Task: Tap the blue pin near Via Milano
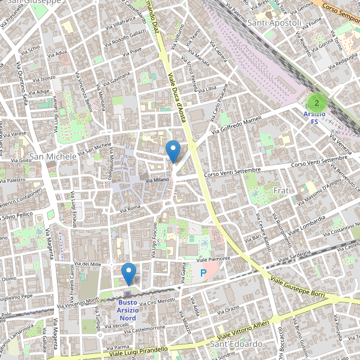click(x=173, y=151)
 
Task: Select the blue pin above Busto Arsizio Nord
click(x=128, y=274)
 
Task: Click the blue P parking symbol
click(x=203, y=273)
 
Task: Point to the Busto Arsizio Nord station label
click(x=127, y=310)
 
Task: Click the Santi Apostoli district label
click(x=274, y=23)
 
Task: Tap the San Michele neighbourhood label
click(x=53, y=157)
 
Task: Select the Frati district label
click(x=282, y=190)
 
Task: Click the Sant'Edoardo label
click(x=236, y=344)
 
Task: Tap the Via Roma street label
click(x=130, y=208)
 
